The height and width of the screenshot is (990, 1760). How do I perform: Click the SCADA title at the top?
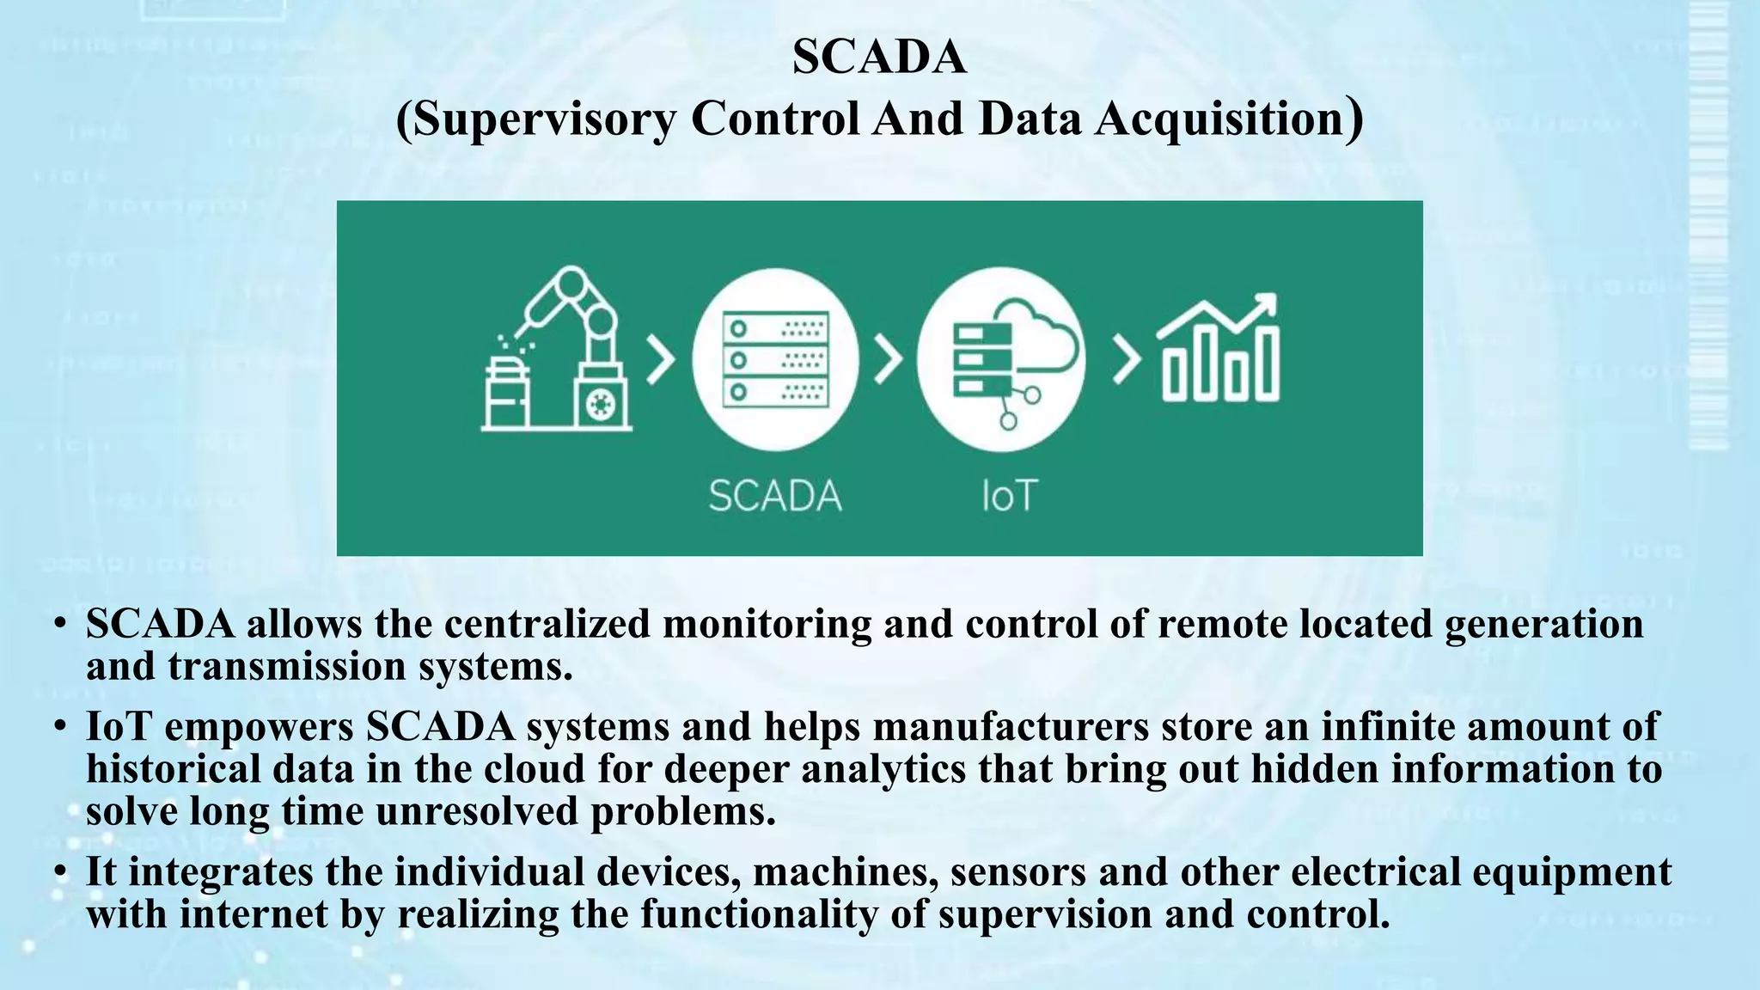(x=879, y=57)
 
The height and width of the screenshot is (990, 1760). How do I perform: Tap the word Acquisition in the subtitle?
(x=1219, y=119)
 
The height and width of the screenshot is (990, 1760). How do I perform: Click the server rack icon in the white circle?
(x=775, y=359)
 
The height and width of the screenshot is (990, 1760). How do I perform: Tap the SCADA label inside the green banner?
(x=775, y=497)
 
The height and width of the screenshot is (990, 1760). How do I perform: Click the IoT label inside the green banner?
(x=1010, y=497)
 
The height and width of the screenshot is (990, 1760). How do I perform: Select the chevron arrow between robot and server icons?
(x=660, y=360)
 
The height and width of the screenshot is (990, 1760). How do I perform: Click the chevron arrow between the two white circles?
(x=888, y=360)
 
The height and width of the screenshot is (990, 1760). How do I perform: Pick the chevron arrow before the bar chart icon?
(x=1127, y=360)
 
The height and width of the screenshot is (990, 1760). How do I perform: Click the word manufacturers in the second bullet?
(x=1011, y=727)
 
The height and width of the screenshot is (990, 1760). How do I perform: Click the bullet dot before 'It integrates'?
(x=58, y=873)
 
